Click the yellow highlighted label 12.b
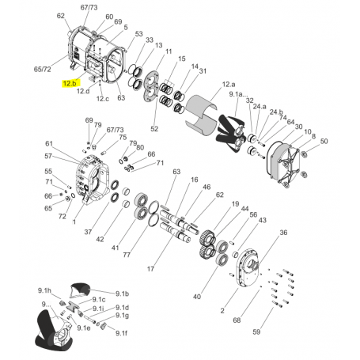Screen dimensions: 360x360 [70, 83]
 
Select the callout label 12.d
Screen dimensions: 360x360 [83, 91]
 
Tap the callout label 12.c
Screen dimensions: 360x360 [103, 99]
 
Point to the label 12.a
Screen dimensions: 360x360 [229, 84]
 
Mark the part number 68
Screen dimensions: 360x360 [236, 320]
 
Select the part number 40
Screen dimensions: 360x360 [197, 297]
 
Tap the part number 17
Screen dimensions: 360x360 [150, 269]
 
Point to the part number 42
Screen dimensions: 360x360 [100, 239]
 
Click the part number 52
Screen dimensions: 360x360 [154, 128]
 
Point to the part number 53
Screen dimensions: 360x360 [138, 36]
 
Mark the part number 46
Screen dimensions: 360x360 [184, 188]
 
